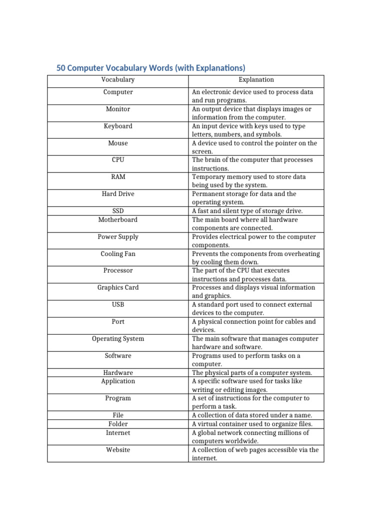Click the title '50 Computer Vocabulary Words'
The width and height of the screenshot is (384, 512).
tap(150, 68)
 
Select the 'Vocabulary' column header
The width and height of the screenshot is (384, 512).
tap(118, 80)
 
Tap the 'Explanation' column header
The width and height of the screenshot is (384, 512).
tap(256, 80)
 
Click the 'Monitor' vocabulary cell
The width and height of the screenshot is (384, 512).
tap(118, 109)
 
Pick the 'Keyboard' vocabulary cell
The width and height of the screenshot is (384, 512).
tap(118, 126)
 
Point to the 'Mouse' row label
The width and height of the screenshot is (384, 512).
tap(118, 143)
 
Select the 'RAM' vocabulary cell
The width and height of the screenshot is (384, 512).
tap(118, 177)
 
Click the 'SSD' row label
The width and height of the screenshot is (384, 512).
tap(118, 211)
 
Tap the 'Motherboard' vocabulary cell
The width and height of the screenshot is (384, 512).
tap(118, 219)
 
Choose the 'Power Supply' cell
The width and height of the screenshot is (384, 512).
tap(118, 236)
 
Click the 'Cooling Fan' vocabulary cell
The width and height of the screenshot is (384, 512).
tap(118, 253)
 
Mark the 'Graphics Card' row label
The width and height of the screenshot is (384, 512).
tap(118, 287)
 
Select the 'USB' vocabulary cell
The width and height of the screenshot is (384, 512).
tap(118, 304)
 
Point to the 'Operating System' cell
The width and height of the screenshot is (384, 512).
tap(118, 338)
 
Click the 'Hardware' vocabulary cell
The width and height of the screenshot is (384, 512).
tap(118, 372)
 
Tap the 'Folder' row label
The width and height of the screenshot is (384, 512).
tap(118, 424)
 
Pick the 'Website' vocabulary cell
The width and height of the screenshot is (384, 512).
tap(118, 449)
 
